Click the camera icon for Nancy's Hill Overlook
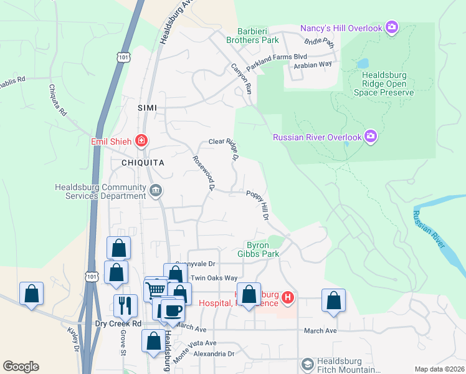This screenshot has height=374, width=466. pos(392,28)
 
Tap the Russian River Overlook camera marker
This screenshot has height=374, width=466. pos(371,137)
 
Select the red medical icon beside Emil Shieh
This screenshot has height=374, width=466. pos(141,141)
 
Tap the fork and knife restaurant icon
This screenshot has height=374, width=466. pos(125,305)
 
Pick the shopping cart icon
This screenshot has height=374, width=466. pos(156,289)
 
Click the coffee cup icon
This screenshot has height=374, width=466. pos(173,310)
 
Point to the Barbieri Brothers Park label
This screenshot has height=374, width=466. pos(257,35)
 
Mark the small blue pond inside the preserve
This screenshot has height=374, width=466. pos(362,63)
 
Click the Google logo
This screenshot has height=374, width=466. pos(21,366)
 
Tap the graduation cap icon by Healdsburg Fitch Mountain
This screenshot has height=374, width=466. pos(307,363)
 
